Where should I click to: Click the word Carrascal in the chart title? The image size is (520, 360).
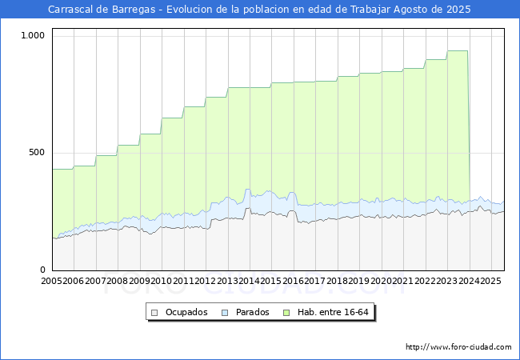pyautogui.click(x=72, y=10)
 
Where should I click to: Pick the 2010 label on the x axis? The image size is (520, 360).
pyautogui.click(x=161, y=282)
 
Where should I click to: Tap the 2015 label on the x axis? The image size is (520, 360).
pyautogui.click(x=270, y=282)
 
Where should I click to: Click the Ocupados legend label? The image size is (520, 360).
pyautogui.click(x=186, y=312)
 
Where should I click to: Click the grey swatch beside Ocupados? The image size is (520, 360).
pyautogui.click(x=156, y=312)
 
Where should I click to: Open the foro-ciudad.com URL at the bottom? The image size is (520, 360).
pyautogui.click(x=458, y=347)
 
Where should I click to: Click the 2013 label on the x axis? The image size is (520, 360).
pyautogui.click(x=227, y=282)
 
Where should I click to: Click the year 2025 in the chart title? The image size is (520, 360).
pyautogui.click(x=458, y=10)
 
